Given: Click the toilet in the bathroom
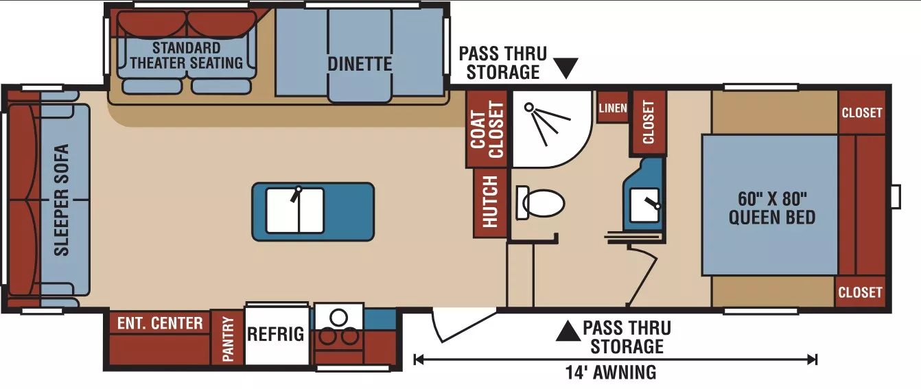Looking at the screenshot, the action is (x=540, y=202).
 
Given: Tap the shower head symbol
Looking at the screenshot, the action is (x=528, y=107).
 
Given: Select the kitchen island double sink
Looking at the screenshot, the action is (x=295, y=211).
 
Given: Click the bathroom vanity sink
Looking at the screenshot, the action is (x=644, y=205).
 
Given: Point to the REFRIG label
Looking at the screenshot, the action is (x=275, y=334).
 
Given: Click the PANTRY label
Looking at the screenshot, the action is (x=228, y=339).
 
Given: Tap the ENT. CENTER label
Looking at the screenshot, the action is (x=160, y=323).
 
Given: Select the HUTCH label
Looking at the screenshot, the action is (x=490, y=202).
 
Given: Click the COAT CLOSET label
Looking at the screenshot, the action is (x=487, y=130).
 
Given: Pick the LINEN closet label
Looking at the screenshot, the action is (x=613, y=108).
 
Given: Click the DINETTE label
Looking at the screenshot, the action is (x=360, y=64).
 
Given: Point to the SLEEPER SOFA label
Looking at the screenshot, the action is (x=62, y=200).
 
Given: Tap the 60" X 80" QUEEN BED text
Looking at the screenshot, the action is (x=772, y=208).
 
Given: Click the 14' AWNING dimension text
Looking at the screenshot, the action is (x=611, y=373).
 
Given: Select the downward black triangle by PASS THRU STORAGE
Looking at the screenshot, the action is (x=566, y=68).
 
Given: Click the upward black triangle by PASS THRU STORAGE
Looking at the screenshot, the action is (x=568, y=331).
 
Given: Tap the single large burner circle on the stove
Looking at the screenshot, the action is (x=338, y=317).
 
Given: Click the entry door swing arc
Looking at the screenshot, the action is (x=436, y=327).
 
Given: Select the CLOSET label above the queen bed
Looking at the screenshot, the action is (x=862, y=113).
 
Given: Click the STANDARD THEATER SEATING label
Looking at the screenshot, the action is (x=187, y=56).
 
